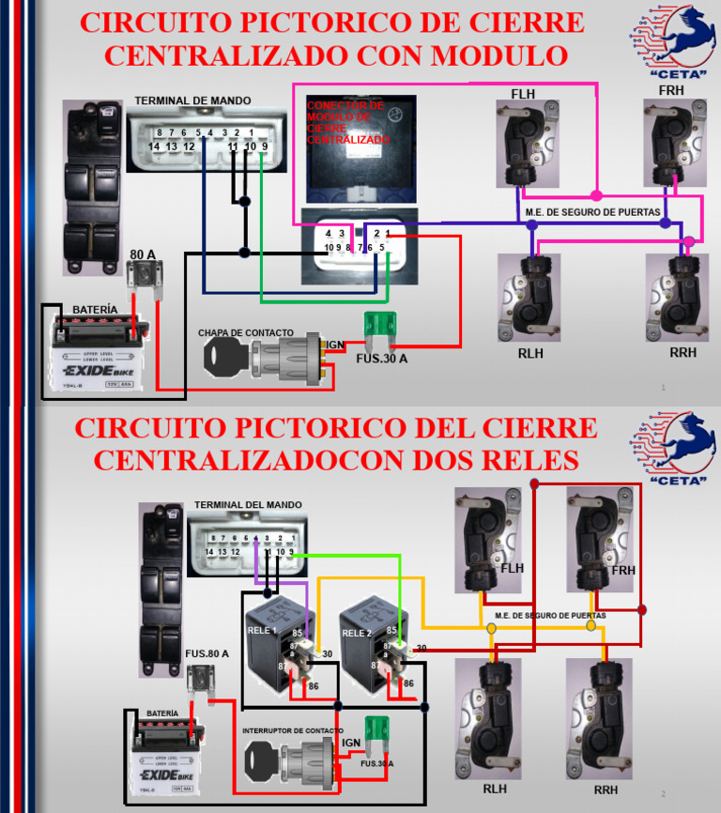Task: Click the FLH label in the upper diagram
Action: (524, 95)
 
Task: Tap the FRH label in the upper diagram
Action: (671, 90)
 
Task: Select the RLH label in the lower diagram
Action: (496, 789)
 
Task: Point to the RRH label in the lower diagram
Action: (606, 790)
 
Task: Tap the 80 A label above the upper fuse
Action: (143, 254)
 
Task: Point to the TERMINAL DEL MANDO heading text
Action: (248, 505)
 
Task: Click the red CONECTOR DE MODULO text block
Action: (346, 123)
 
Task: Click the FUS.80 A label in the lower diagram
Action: (207, 653)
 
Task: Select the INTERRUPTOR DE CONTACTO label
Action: (292, 730)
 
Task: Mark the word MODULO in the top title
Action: (496, 55)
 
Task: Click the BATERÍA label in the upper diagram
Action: (95, 309)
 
